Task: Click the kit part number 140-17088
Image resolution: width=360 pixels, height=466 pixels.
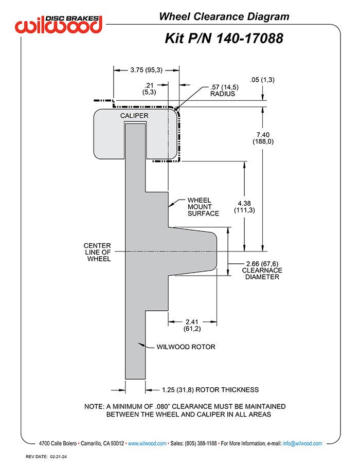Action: [249, 39]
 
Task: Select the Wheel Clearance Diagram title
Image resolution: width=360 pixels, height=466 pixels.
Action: [224, 16]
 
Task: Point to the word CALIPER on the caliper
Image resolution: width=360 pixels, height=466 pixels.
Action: [134, 116]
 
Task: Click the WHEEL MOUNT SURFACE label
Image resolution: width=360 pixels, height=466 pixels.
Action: [203, 207]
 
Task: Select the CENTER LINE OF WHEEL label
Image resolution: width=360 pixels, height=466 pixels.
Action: [98, 252]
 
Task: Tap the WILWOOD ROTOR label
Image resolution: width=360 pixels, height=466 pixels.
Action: [186, 347]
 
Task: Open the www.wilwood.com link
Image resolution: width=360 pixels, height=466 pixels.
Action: [147, 443]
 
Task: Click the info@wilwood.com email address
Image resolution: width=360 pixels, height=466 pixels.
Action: [302, 443]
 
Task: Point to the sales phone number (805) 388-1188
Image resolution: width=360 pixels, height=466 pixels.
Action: [201, 443]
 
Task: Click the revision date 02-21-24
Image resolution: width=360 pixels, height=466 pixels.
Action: [58, 457]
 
